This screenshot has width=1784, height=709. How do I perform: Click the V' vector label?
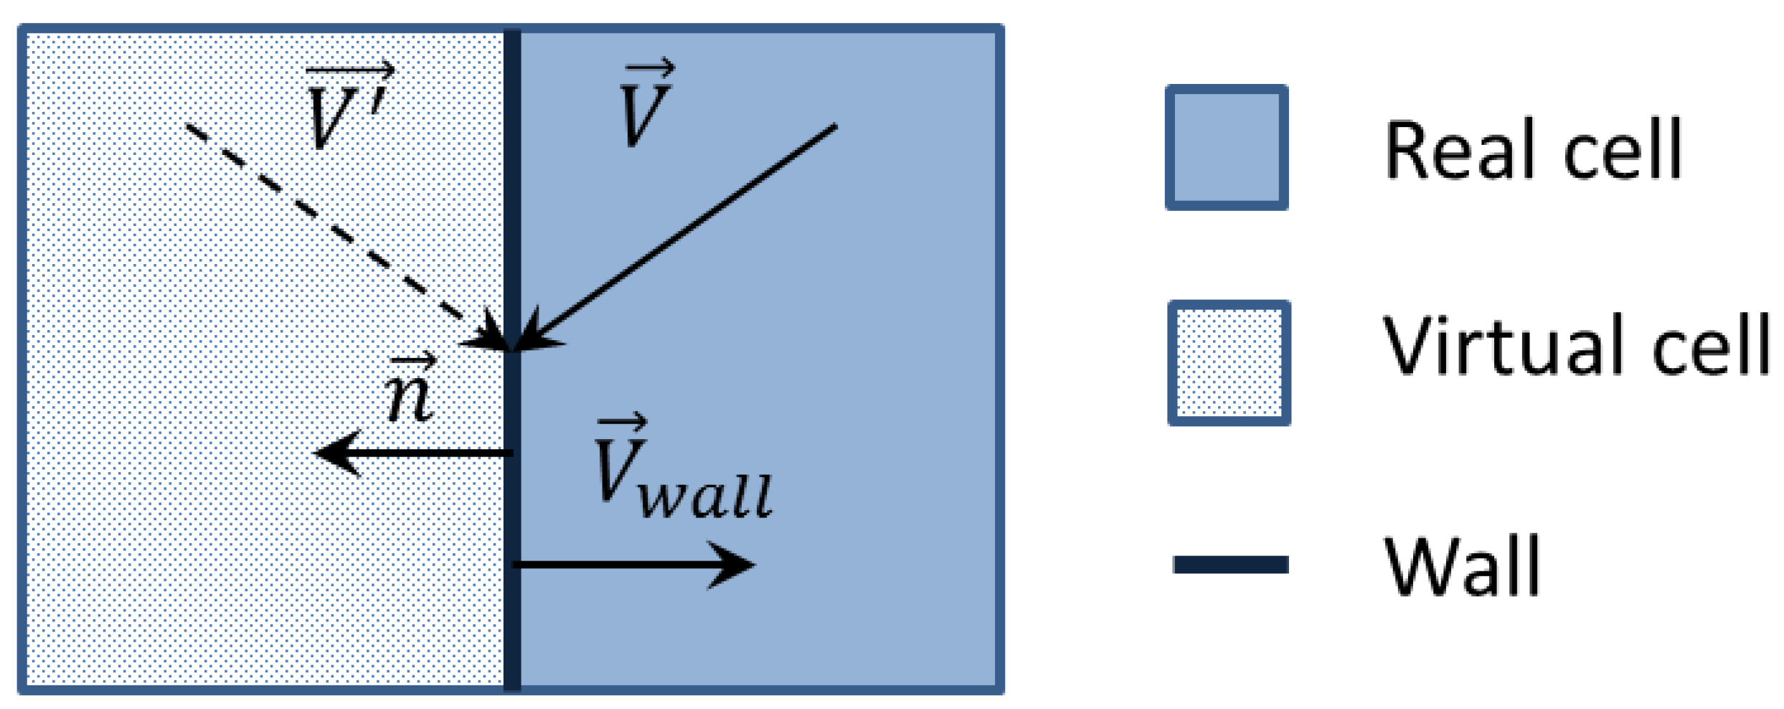click(348, 108)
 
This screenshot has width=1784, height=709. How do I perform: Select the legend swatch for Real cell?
click(1227, 148)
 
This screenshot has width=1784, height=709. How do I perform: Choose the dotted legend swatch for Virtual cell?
click(1228, 363)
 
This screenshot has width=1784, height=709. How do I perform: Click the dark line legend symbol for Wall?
click(1230, 565)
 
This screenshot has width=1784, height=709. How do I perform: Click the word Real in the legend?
click(1463, 151)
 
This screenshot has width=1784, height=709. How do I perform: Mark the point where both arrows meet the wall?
click(512, 350)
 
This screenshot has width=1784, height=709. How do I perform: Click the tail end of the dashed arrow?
click(188, 127)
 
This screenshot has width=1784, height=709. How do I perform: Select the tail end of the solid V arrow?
click(834, 128)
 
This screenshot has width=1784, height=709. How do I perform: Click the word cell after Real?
click(1623, 151)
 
